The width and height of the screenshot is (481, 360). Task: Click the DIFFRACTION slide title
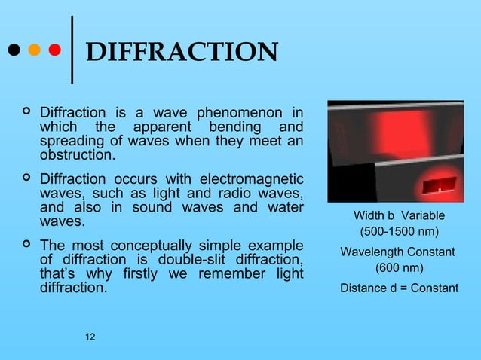tap(182, 53)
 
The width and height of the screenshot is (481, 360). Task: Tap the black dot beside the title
tap(13, 51)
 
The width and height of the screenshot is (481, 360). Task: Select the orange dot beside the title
tap(33, 51)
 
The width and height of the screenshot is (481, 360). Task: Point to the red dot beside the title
tap(54, 51)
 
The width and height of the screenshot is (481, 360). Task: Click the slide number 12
tap(90, 335)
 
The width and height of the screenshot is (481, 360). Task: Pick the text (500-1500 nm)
tap(399, 231)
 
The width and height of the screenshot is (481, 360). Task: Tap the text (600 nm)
tap(399, 268)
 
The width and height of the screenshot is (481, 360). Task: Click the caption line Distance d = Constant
tap(399, 288)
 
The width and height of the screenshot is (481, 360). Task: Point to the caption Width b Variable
tap(399, 215)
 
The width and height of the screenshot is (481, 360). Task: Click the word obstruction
tap(78, 156)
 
